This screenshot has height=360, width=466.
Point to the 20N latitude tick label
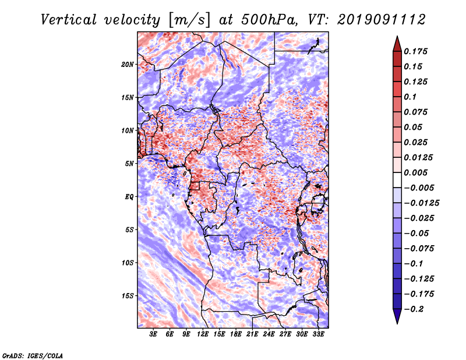click(128, 64)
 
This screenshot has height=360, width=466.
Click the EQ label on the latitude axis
click(129, 197)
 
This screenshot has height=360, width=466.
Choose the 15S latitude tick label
click(128, 296)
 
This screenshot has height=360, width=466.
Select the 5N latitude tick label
click(129, 164)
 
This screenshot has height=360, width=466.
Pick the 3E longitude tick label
click(154, 334)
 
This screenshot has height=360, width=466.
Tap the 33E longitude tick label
click(319, 334)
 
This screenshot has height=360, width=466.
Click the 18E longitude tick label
click(236, 334)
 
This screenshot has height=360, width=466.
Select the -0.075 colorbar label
click(419, 249)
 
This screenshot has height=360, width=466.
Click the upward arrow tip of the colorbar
click(397, 38)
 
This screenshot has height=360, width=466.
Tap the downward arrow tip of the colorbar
click(397, 322)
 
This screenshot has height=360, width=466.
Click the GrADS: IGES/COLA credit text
click(32, 355)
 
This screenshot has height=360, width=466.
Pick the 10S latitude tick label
click(128, 263)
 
